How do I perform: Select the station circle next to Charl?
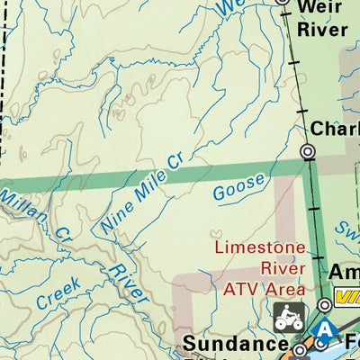tap(309, 153)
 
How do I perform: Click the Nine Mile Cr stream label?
tap(142, 193)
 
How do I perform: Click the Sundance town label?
tap(235, 344)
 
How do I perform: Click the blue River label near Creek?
tap(126, 283)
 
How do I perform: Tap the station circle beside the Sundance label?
tap(299, 347)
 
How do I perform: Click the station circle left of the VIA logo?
tap(324, 303)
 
